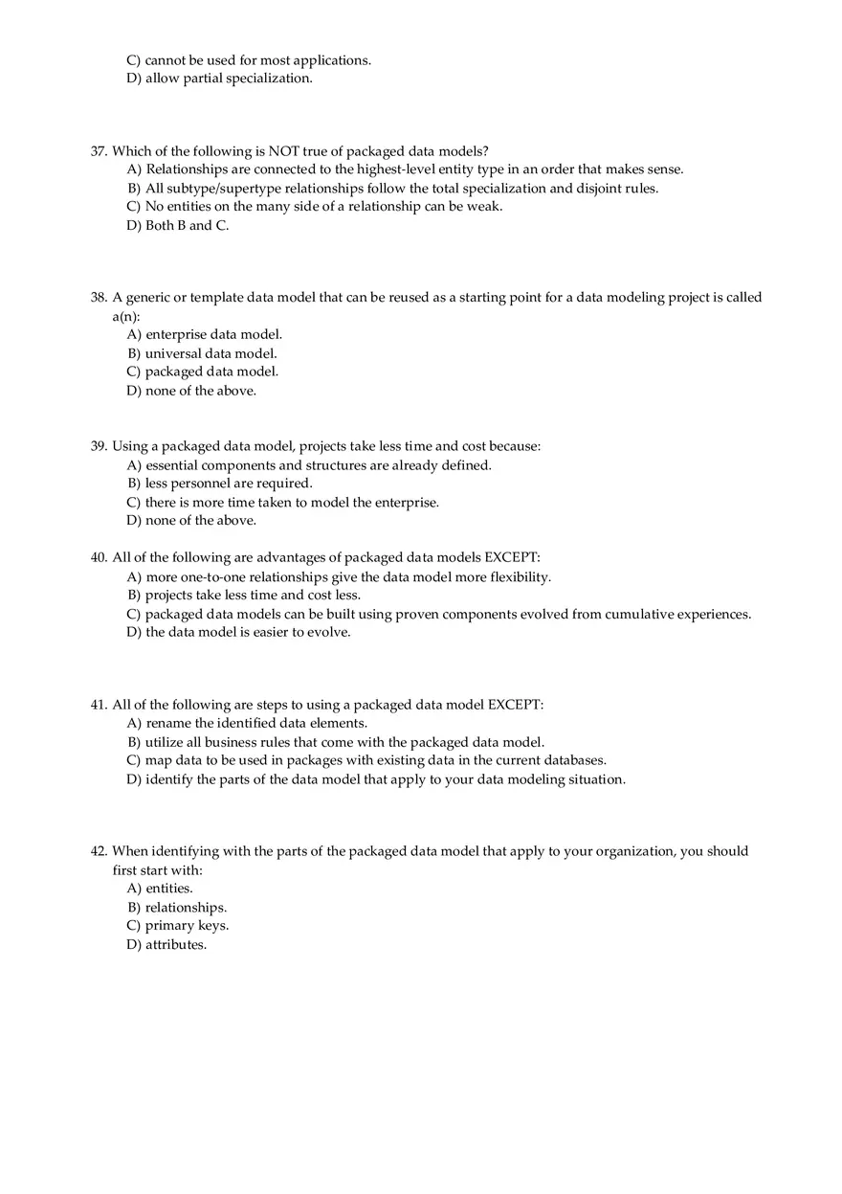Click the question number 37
point(99,151)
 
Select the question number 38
point(99,298)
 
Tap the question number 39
point(99,446)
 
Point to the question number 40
point(99,557)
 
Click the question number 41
point(99,705)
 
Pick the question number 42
point(99,851)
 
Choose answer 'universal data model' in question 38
point(210,353)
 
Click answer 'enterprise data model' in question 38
point(213,335)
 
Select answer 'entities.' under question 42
point(168,889)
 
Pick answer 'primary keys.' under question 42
point(187,926)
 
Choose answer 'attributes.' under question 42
point(176,945)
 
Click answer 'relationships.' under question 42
point(186,908)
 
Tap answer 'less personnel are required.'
point(229,484)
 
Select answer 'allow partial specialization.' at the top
point(229,79)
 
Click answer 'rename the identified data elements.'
point(256,724)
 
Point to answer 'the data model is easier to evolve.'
point(248,632)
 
